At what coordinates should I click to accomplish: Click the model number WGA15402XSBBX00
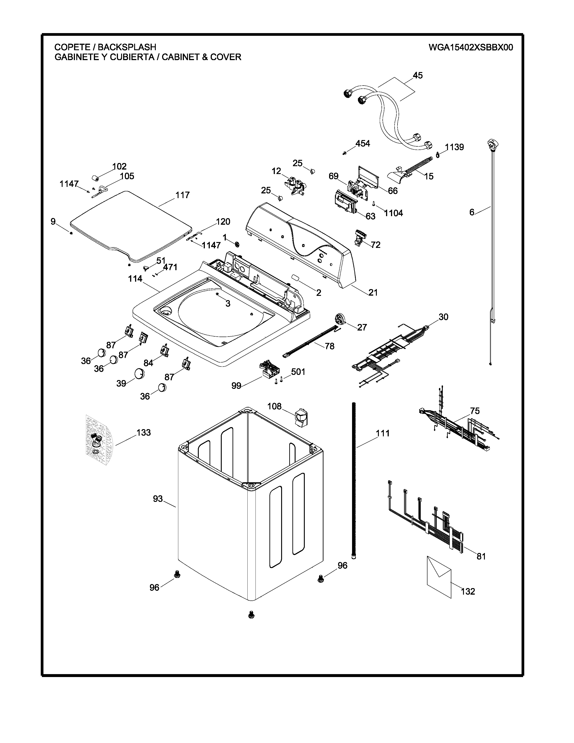click(x=471, y=47)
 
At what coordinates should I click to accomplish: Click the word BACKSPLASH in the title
click(x=127, y=47)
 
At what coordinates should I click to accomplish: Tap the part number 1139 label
click(x=454, y=147)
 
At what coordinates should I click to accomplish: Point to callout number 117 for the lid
click(x=182, y=195)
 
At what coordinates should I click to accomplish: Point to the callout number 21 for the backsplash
click(x=373, y=292)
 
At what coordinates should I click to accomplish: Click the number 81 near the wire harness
click(x=481, y=556)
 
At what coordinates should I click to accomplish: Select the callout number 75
click(x=475, y=411)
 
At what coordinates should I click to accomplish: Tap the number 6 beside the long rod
click(x=472, y=212)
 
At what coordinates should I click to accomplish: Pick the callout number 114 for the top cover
click(x=135, y=279)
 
